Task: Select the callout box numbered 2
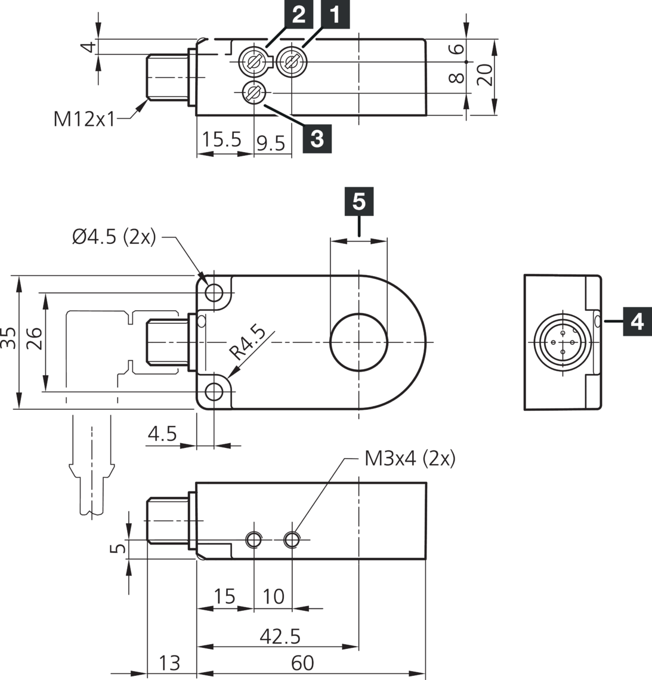(298, 14)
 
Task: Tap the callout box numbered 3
(317, 138)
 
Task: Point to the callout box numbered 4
(637, 322)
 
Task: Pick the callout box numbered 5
(359, 202)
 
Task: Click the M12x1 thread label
(84, 119)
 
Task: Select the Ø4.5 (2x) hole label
(114, 237)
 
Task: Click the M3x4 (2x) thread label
(409, 459)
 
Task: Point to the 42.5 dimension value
(280, 636)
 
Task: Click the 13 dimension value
(169, 663)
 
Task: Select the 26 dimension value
(34, 340)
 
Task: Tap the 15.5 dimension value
(221, 140)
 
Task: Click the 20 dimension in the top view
(486, 75)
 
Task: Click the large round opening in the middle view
(359, 342)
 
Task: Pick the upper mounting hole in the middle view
(214, 292)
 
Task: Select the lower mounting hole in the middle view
(214, 391)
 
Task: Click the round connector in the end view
(562, 342)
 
